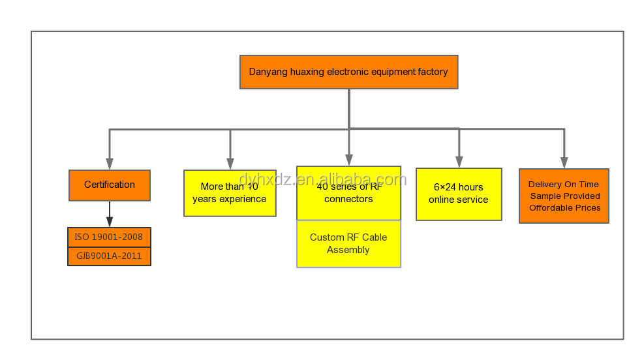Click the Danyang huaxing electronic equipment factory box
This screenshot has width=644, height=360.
click(348, 72)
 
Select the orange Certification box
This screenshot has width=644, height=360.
click(110, 185)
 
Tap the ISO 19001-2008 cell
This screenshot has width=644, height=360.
click(109, 237)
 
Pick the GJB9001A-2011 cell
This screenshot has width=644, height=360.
click(109, 256)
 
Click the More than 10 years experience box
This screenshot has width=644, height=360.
click(230, 193)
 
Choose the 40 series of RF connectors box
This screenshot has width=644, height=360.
click(348, 193)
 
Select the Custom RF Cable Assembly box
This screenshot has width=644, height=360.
click(348, 244)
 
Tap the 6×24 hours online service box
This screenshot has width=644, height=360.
click(459, 194)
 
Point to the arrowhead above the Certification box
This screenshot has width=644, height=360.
click(110, 164)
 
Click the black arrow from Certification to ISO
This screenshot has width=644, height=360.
click(110, 214)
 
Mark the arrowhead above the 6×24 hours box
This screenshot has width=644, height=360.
click(459, 162)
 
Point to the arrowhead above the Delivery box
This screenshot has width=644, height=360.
click(564, 163)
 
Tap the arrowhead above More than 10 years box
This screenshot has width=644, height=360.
click(230, 164)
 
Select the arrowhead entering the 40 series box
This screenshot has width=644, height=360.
click(349, 160)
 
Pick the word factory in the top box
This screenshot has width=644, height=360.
click(433, 72)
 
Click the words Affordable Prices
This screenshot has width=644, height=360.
click(565, 207)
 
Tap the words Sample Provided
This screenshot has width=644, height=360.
click(565, 196)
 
